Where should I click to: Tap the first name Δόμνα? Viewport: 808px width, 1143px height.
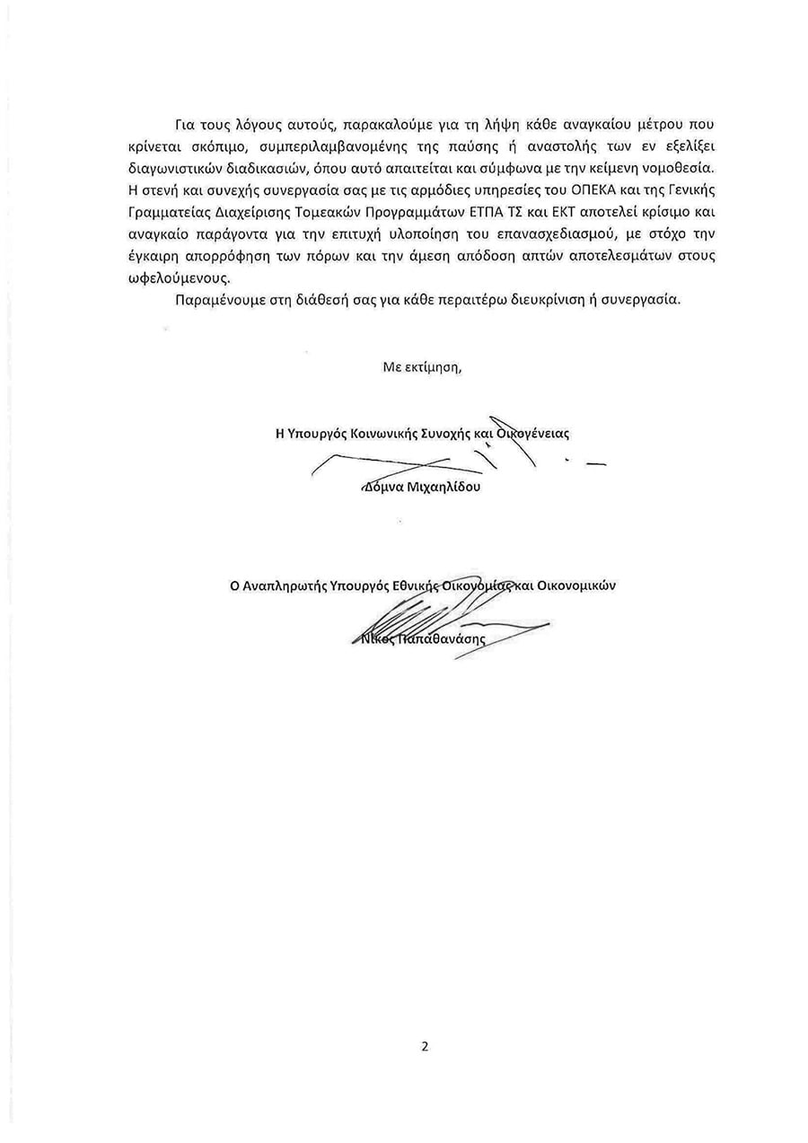coord(378,488)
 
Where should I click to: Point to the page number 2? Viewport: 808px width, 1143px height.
coord(425,1046)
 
